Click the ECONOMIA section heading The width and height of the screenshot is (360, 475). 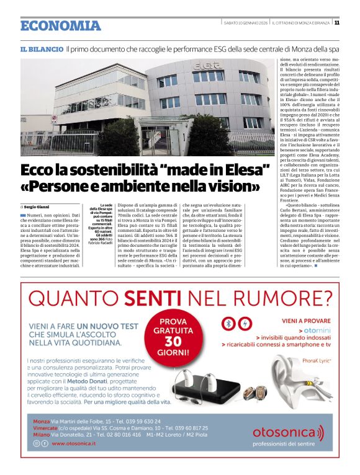[x=60, y=25]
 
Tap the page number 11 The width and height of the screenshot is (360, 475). [x=336, y=22]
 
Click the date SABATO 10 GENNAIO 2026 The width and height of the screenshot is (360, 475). [x=246, y=23]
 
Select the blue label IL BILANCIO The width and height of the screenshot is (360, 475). [x=42, y=48]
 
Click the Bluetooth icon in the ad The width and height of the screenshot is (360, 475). [x=228, y=324]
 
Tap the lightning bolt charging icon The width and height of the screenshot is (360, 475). [x=245, y=324]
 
